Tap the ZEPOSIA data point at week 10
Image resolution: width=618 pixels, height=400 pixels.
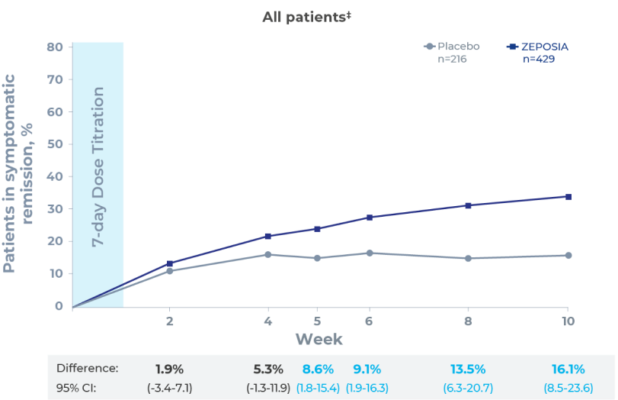point(568,197)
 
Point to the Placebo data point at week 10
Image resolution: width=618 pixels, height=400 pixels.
point(568,255)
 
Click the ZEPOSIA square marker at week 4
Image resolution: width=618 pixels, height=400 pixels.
point(267,237)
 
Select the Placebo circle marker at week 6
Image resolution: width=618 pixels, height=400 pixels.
point(370,253)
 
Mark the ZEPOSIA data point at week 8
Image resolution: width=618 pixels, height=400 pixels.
point(468,205)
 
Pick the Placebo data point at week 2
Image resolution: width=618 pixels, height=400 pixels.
point(169,271)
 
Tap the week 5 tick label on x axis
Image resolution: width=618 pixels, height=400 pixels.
point(318,321)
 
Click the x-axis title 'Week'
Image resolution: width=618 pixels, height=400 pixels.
point(319,339)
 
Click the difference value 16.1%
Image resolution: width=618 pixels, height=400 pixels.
point(567,369)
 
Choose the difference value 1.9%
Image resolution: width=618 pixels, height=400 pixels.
point(168,369)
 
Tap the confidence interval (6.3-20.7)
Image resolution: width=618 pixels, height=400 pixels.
point(468,388)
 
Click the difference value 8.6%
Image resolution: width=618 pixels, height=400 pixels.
point(318,369)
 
